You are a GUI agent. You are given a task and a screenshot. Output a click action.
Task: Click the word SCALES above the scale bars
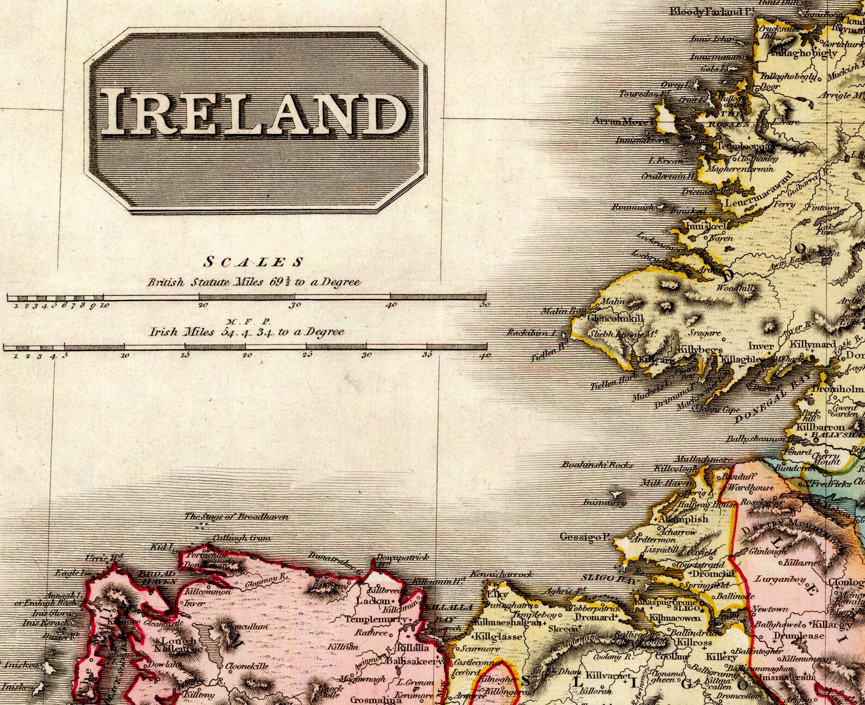coord(253,263)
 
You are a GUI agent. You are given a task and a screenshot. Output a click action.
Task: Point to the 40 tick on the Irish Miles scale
coord(485,355)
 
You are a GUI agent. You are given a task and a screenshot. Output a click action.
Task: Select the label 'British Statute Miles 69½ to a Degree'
coord(254,282)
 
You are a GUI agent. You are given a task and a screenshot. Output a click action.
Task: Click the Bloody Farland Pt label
coord(706,11)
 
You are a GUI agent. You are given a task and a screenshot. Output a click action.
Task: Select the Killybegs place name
coord(700,350)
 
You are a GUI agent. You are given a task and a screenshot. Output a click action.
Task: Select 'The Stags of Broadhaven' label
coord(236,516)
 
